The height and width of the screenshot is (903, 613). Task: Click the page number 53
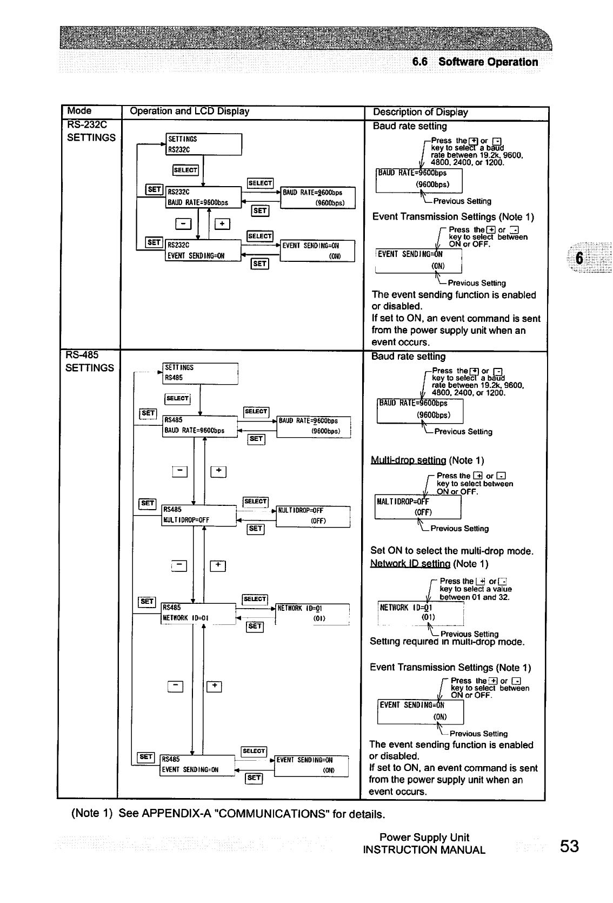[x=569, y=846]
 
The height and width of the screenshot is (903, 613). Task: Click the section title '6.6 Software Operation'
[x=475, y=62]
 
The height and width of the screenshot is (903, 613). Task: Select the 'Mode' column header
[x=79, y=111]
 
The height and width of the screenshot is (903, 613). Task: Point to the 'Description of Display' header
[x=420, y=112]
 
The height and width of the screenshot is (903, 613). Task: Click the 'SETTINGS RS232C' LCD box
[x=203, y=144]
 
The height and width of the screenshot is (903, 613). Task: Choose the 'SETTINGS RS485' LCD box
[x=200, y=373]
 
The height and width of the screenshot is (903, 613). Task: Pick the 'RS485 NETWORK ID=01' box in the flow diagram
[x=198, y=613]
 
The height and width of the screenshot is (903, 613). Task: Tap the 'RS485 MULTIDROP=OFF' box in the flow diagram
[x=198, y=515]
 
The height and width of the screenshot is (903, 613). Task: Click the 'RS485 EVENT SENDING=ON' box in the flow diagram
[x=197, y=764]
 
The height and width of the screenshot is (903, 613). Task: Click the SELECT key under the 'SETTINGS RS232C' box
[x=185, y=170]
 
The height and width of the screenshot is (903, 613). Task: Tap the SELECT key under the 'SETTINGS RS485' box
[x=177, y=399]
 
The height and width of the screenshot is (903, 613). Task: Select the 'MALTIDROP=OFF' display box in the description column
[x=417, y=507]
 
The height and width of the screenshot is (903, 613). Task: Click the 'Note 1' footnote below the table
[x=227, y=814]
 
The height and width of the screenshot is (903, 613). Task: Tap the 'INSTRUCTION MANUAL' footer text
[x=424, y=850]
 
